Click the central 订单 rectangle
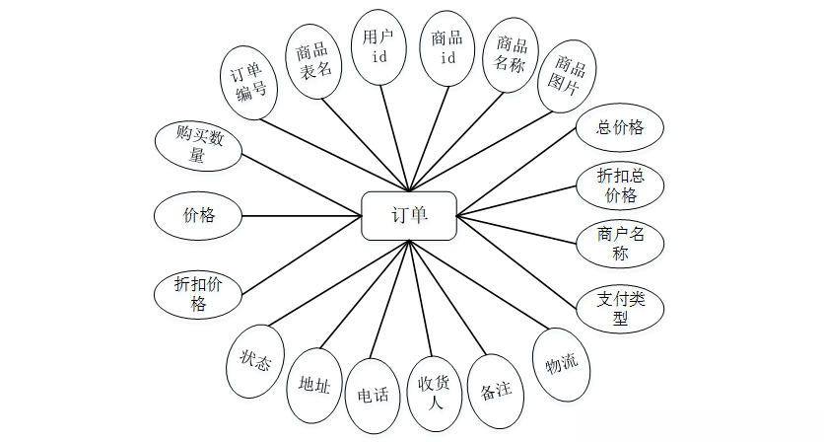(x=409, y=216)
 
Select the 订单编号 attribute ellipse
(x=248, y=83)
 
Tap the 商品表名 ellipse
(x=313, y=61)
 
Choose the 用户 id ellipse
(x=378, y=46)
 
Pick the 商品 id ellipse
(x=447, y=48)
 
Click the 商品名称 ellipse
(x=511, y=56)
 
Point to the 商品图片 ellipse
(x=567, y=76)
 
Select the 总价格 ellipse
(x=620, y=128)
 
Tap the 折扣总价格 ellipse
(x=620, y=185)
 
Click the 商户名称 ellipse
(x=620, y=244)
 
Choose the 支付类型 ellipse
(x=620, y=309)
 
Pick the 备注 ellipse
(x=496, y=391)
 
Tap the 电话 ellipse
(x=373, y=396)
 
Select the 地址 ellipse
(x=314, y=385)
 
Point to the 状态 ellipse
(x=255, y=361)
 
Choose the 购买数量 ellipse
(x=198, y=146)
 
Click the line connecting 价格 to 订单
(x=302, y=216)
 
